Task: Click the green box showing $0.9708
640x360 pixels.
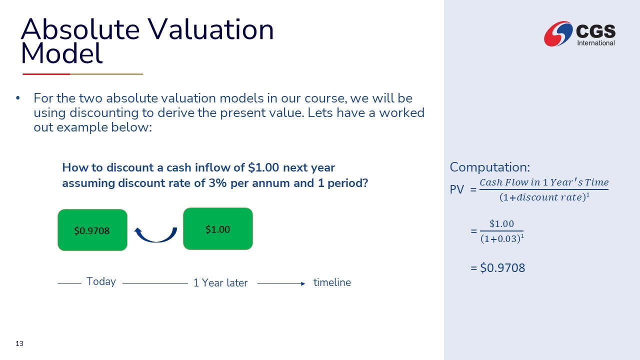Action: tap(92, 230)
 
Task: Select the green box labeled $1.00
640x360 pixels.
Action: tap(217, 229)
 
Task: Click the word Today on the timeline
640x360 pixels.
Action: tap(101, 281)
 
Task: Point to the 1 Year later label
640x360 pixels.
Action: tap(220, 283)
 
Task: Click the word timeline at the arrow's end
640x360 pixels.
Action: tap(332, 282)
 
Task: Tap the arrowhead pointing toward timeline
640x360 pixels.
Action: tap(303, 283)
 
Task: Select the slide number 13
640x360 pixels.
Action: tap(19, 343)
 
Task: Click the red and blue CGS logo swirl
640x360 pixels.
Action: tap(558, 33)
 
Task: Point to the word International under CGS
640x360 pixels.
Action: tap(596, 43)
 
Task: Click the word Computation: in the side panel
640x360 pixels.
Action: tap(489, 167)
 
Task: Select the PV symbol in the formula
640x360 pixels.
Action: tap(456, 189)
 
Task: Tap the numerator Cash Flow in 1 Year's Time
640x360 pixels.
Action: tap(544, 182)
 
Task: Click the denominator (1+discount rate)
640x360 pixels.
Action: tap(544, 197)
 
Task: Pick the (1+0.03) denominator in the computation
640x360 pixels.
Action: tap(502, 238)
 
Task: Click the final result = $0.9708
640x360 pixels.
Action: tap(497, 267)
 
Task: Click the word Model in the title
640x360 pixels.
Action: tap(61, 53)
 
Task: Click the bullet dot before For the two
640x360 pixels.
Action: tap(18, 98)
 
